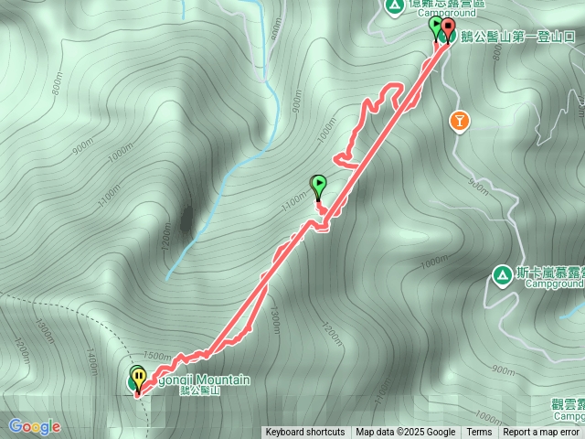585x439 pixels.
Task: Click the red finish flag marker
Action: pos(448,30)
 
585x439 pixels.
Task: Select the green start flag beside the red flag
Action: pos(436,27)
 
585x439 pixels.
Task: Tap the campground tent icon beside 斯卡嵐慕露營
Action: pos(501,273)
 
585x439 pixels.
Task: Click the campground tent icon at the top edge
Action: pos(394,5)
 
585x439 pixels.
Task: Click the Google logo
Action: pos(35,426)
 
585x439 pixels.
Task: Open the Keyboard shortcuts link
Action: pos(305,433)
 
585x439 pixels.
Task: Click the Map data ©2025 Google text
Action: pos(405,433)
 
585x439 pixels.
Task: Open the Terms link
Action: pos(479,433)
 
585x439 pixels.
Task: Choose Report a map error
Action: pos(542,433)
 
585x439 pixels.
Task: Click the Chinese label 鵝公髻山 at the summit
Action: pos(200,391)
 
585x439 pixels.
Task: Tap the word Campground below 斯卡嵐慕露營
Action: pos(554,284)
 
